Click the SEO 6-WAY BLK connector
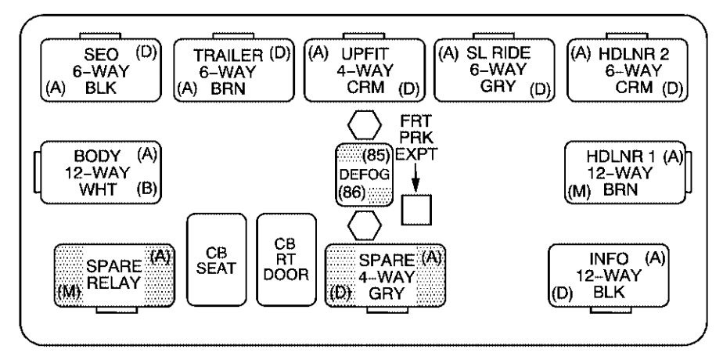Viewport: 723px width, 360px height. coord(99,70)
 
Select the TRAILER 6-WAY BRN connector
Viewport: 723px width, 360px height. coord(232,70)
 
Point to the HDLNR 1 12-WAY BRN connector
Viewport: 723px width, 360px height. coord(624,171)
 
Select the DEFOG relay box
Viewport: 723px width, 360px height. coord(364,174)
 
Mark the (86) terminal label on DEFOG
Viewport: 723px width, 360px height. coord(351,191)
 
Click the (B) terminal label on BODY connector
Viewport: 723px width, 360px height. coord(146,189)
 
